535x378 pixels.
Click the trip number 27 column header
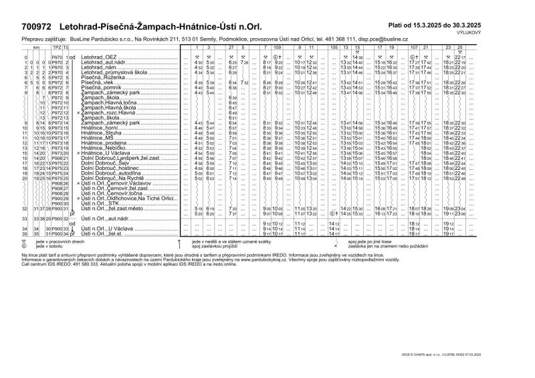point(231,49)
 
